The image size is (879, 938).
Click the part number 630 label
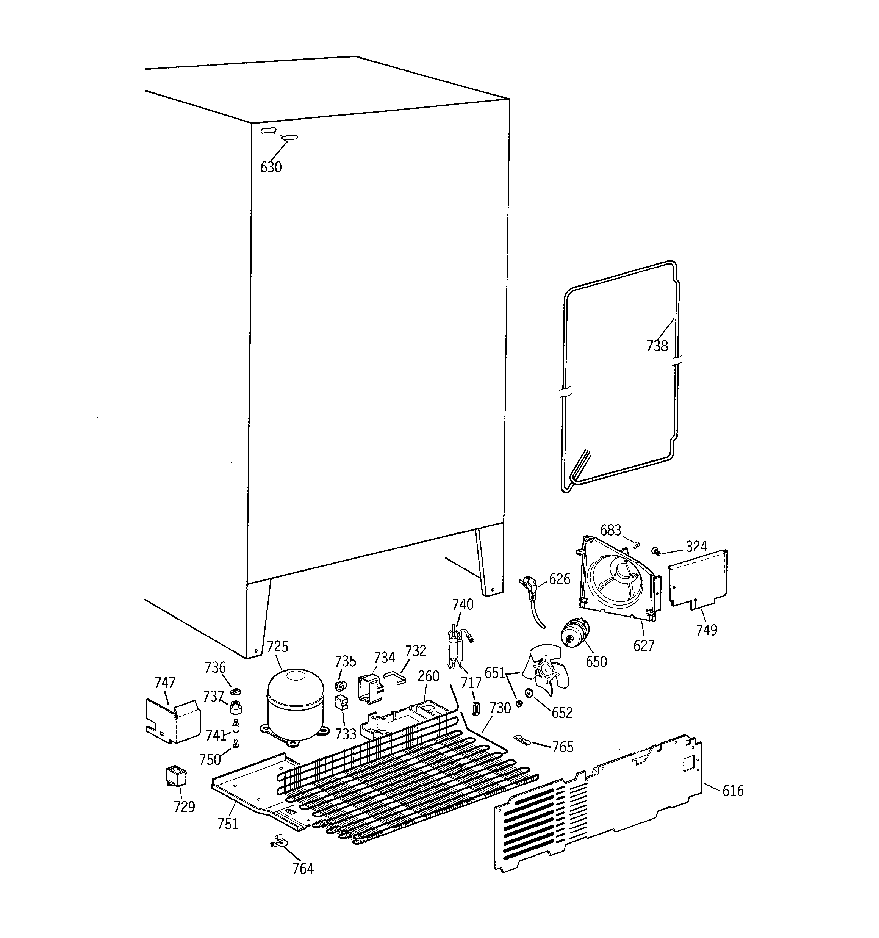point(271,167)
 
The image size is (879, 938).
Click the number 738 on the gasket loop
point(657,346)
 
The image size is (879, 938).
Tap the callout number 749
point(706,630)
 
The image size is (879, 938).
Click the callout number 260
point(428,676)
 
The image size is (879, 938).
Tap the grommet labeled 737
point(235,707)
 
